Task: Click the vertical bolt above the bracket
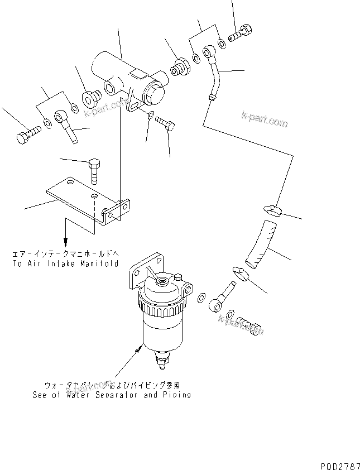(94, 171)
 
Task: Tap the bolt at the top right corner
(242, 33)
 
